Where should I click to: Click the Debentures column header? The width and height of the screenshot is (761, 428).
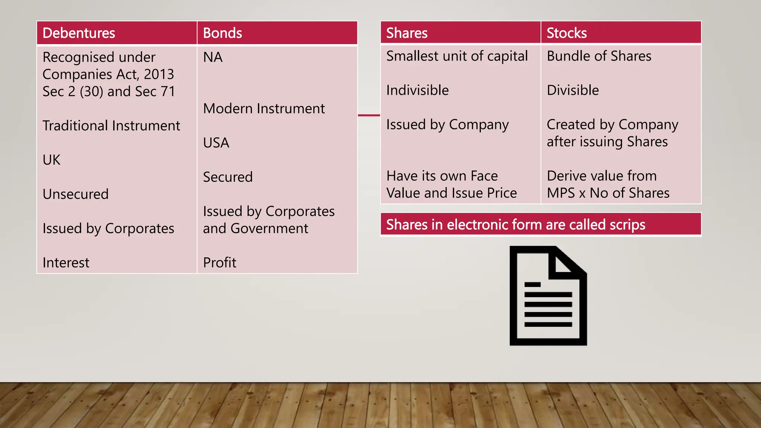[x=79, y=33]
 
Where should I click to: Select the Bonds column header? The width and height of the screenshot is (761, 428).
[x=222, y=33]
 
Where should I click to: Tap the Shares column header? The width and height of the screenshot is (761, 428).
[x=407, y=33]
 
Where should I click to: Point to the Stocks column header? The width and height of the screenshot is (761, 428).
[x=566, y=33]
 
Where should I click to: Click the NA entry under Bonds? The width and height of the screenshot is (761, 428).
[x=213, y=57]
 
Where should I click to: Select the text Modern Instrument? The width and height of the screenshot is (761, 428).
[x=264, y=108]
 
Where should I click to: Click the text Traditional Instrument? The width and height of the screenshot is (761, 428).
[x=111, y=126]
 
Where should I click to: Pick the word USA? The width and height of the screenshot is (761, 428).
[x=216, y=143]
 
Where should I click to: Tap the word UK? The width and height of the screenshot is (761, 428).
[x=51, y=160]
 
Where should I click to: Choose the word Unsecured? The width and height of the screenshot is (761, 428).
[x=75, y=194]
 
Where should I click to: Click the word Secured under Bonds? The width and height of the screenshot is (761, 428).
[x=227, y=177]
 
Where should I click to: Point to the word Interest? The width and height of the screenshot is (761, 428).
[x=66, y=263]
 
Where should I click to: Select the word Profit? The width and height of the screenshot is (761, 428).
[x=219, y=263]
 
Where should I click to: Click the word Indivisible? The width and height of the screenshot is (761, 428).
[x=417, y=90]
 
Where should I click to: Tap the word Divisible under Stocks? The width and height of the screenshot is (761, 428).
[x=573, y=90]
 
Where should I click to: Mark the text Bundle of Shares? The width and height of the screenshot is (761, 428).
[x=599, y=56]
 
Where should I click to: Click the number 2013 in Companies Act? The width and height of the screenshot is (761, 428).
[x=159, y=74]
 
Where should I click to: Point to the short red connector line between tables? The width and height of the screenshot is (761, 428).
[x=369, y=115]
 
